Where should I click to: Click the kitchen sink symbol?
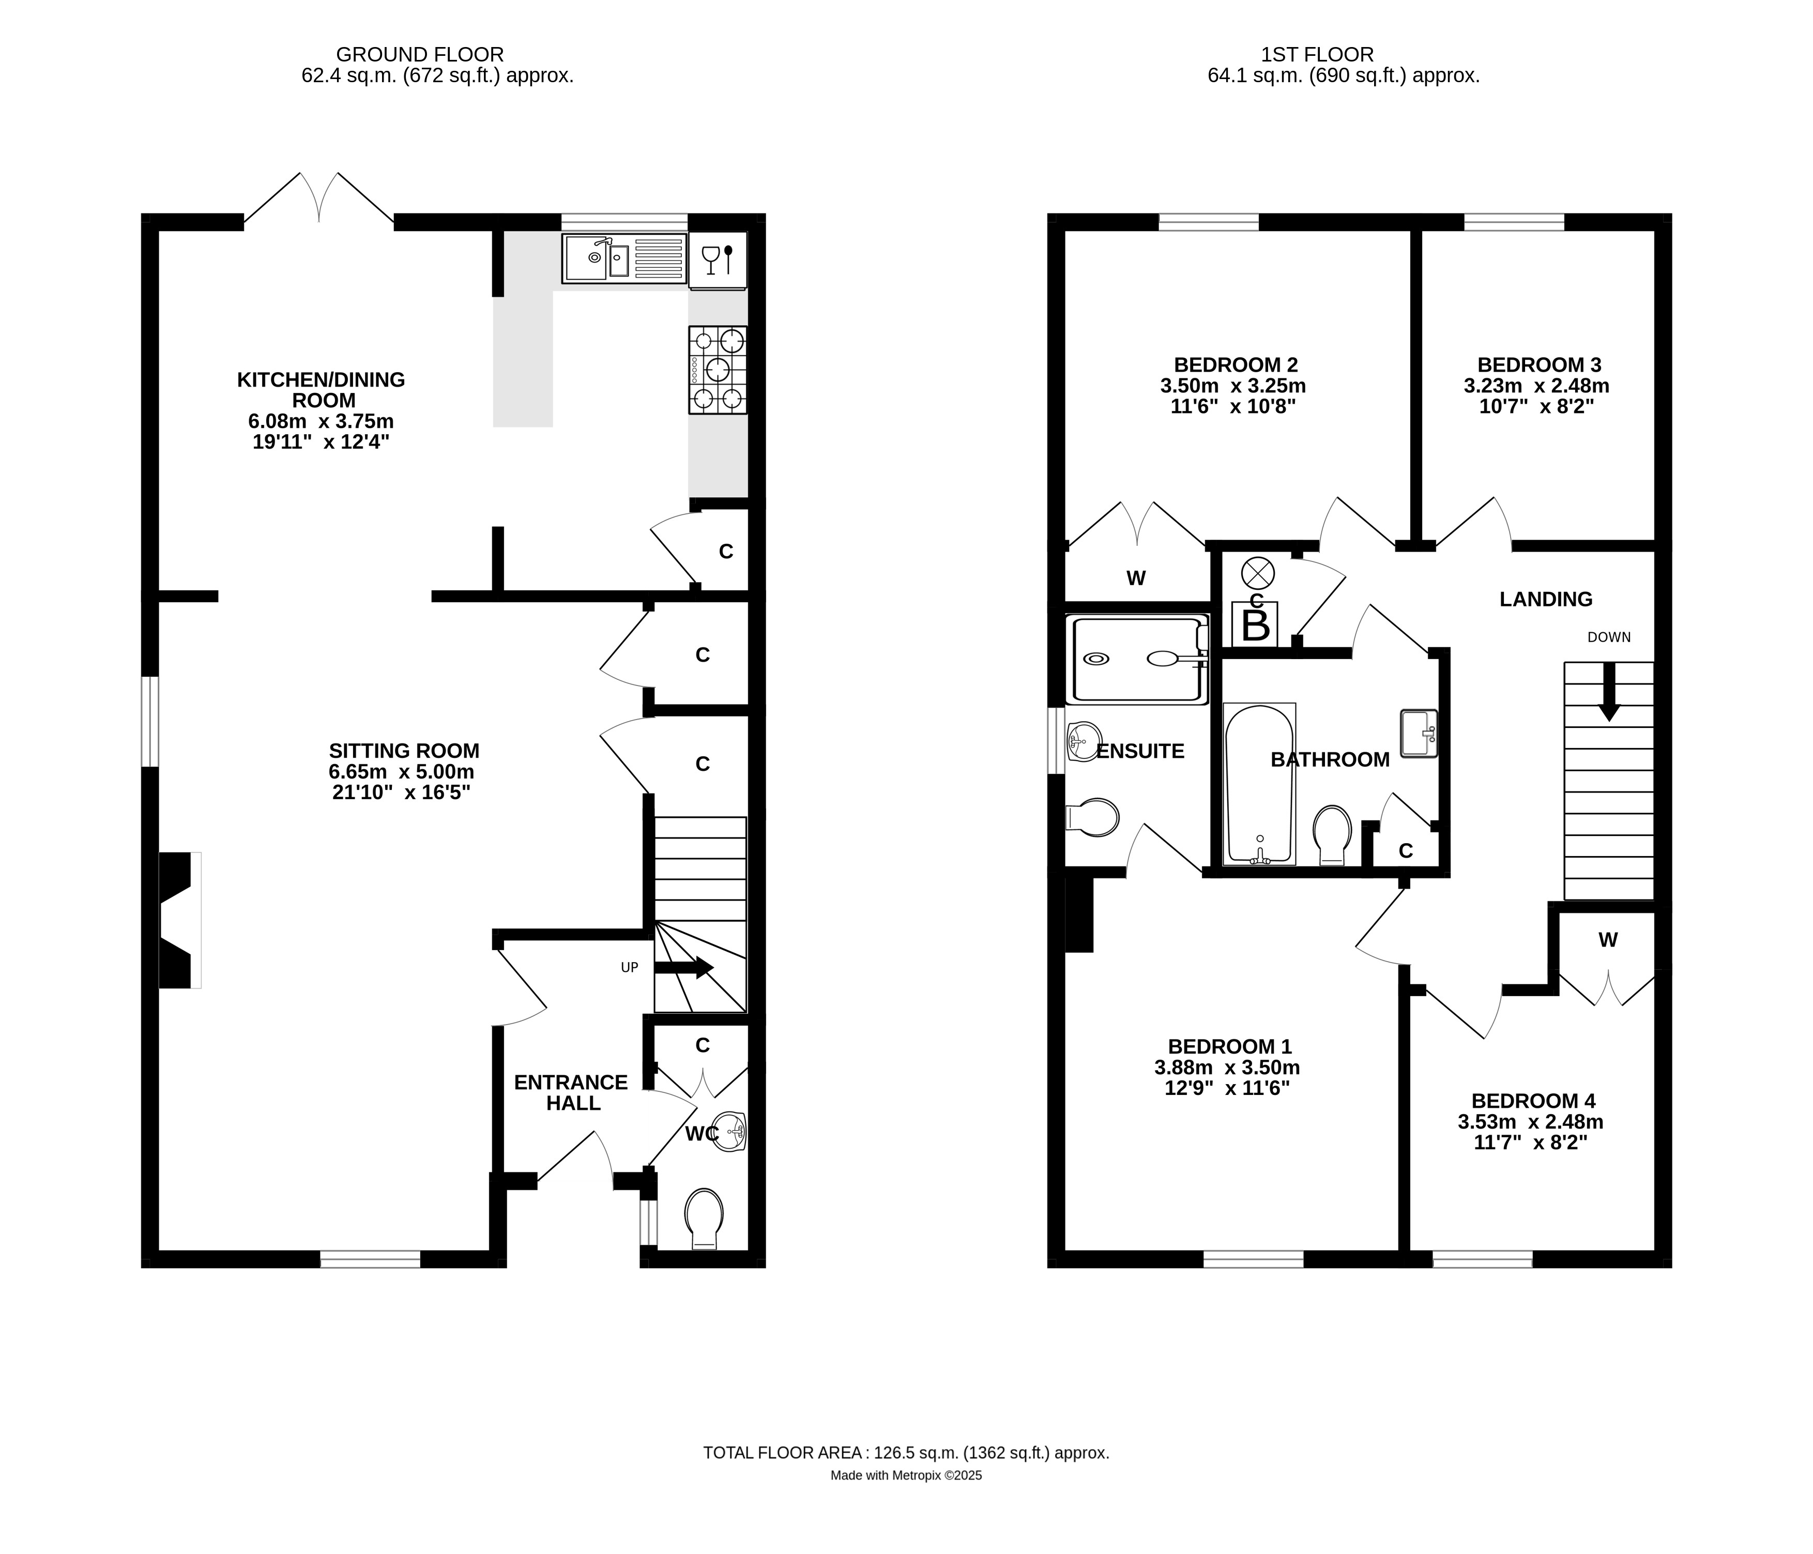point(624,258)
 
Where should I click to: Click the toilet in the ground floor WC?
point(705,1218)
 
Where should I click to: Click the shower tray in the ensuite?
point(1136,661)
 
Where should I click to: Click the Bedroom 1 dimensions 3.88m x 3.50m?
point(1227,1068)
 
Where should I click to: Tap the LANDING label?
point(1545,599)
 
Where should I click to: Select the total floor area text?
point(906,1453)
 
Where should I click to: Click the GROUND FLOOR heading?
point(420,54)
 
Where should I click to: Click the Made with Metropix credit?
point(906,1475)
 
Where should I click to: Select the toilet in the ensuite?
point(1094,818)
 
